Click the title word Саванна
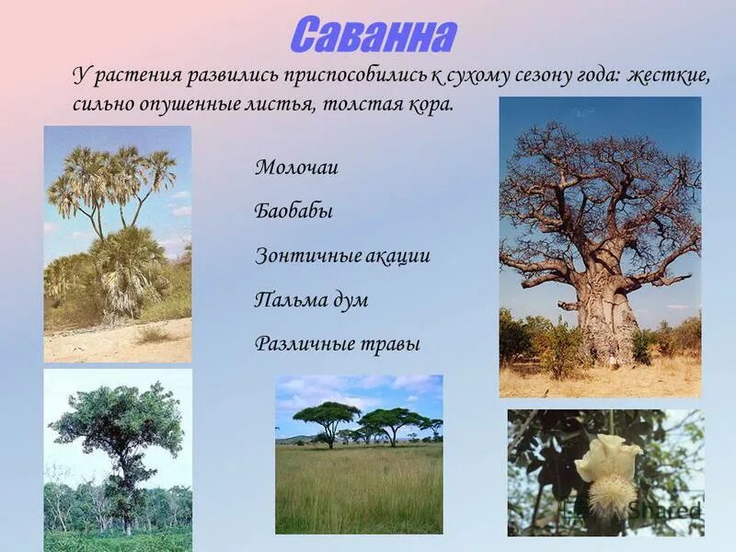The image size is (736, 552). [x=373, y=34]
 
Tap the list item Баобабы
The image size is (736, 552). [x=293, y=212]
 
